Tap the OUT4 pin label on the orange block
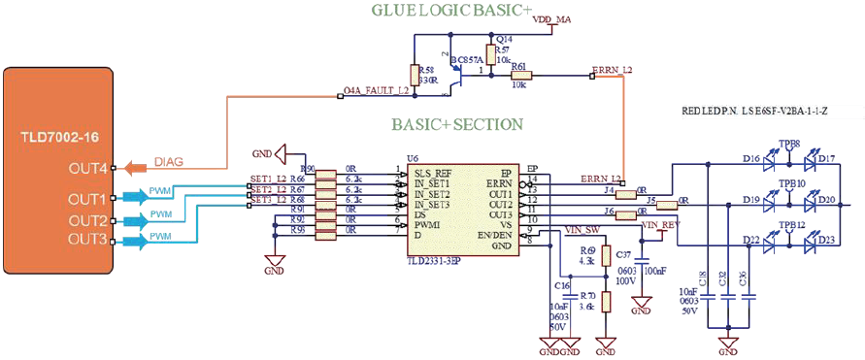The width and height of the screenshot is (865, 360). coord(88,169)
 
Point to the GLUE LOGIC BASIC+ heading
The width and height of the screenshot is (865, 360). coord(451,11)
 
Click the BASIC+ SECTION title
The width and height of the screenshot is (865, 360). coord(457,125)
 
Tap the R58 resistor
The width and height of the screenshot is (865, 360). coord(416,76)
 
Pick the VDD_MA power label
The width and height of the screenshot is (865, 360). coord(553,19)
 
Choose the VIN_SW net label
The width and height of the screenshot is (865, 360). coord(581,231)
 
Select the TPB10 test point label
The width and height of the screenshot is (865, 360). coord(791,182)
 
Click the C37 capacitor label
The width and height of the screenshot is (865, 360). coord(624,253)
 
